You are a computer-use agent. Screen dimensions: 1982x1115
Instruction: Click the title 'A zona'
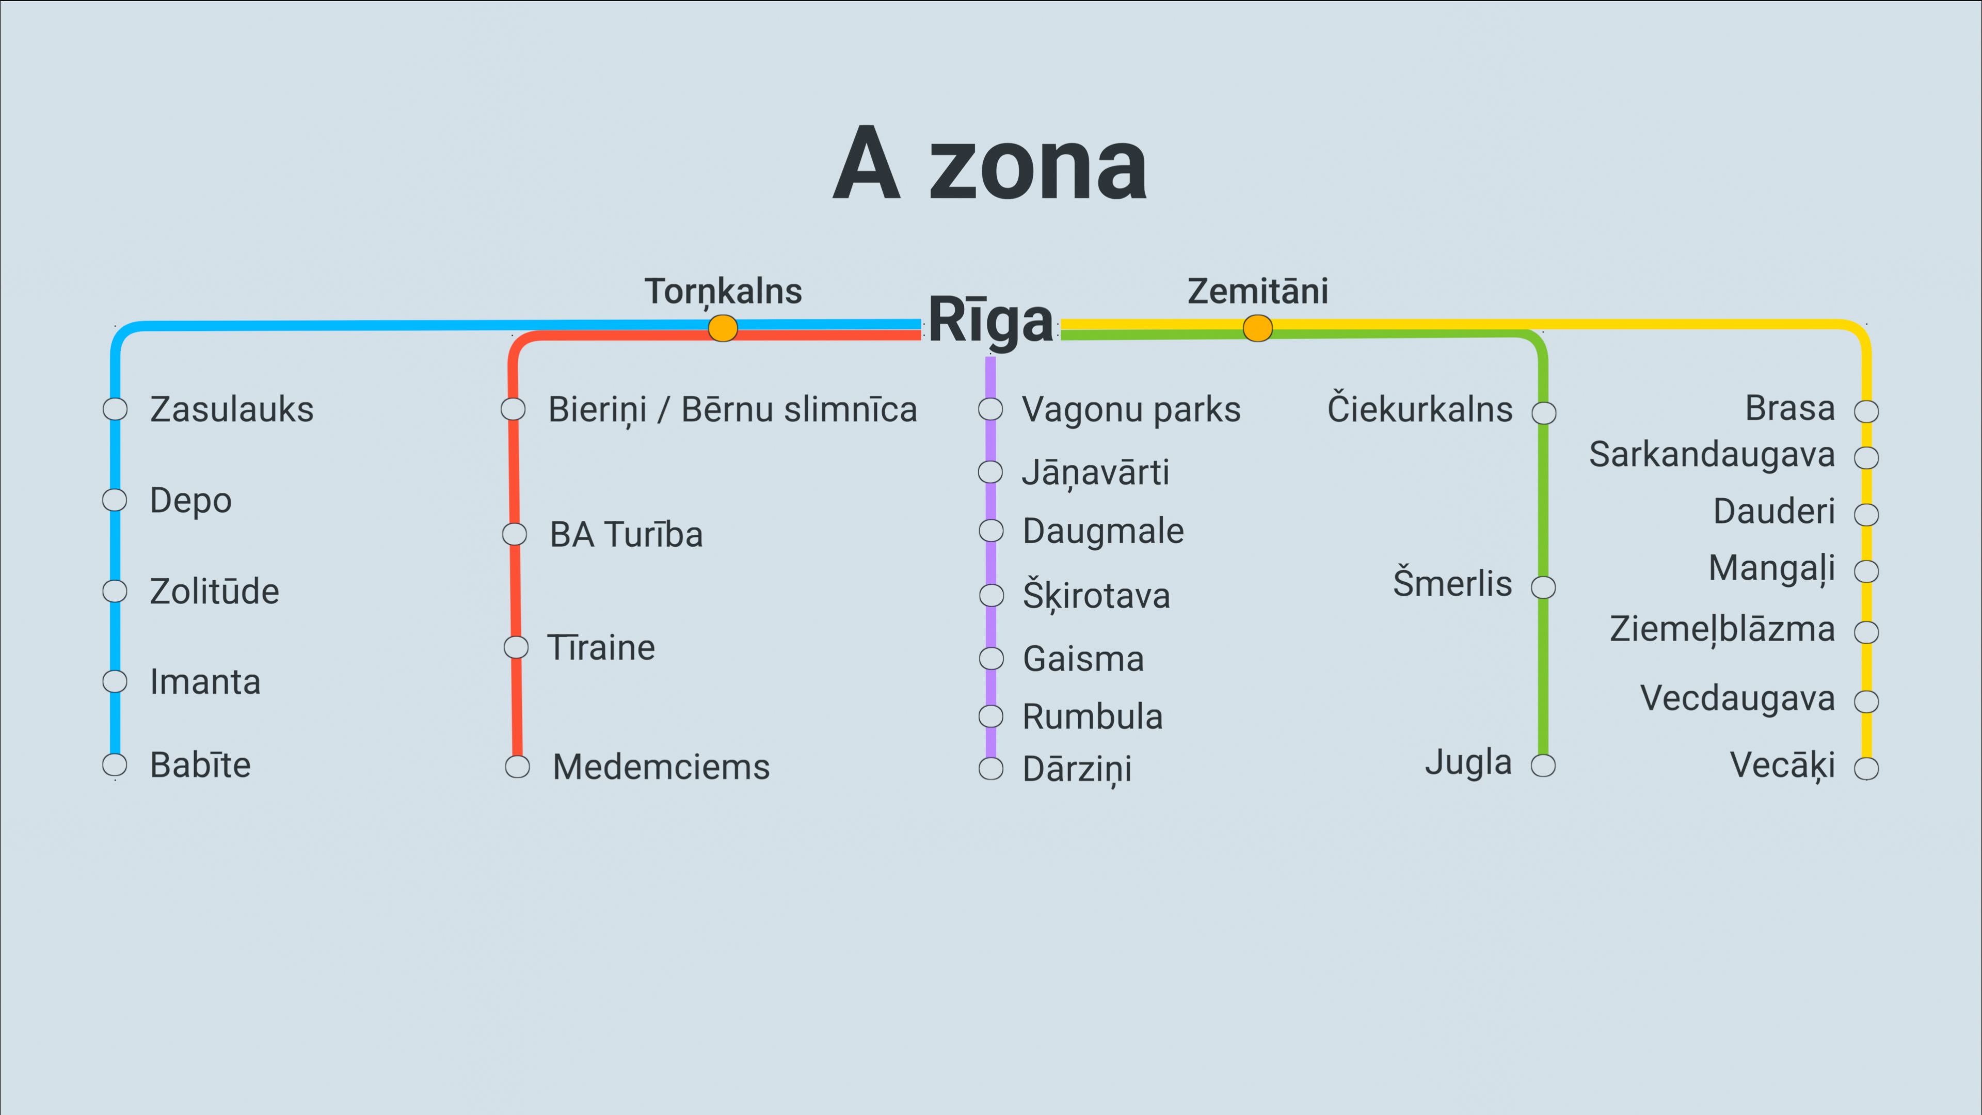(x=990, y=163)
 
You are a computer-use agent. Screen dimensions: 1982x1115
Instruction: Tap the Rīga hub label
(x=991, y=320)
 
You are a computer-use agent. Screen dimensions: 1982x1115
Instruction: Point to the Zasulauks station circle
(x=116, y=409)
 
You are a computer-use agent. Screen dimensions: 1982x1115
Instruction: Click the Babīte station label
(x=201, y=765)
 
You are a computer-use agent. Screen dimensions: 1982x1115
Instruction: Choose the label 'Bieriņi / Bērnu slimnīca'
(x=732, y=409)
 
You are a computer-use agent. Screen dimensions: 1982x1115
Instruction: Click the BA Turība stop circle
(x=514, y=534)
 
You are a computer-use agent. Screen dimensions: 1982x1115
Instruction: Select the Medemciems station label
(x=661, y=767)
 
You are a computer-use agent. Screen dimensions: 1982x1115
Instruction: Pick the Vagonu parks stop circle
(x=991, y=409)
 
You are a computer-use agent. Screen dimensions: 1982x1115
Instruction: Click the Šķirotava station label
(x=1096, y=595)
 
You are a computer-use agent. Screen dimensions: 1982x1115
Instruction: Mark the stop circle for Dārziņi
(x=991, y=768)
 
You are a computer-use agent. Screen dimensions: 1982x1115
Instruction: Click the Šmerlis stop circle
(x=1543, y=587)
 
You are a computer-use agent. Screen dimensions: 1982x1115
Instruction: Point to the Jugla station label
(x=1468, y=762)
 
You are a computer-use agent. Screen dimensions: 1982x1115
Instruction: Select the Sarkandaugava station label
(x=1712, y=455)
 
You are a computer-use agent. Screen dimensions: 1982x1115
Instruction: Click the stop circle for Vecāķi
(x=1866, y=768)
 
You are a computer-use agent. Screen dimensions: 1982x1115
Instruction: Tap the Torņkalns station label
(x=723, y=292)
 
